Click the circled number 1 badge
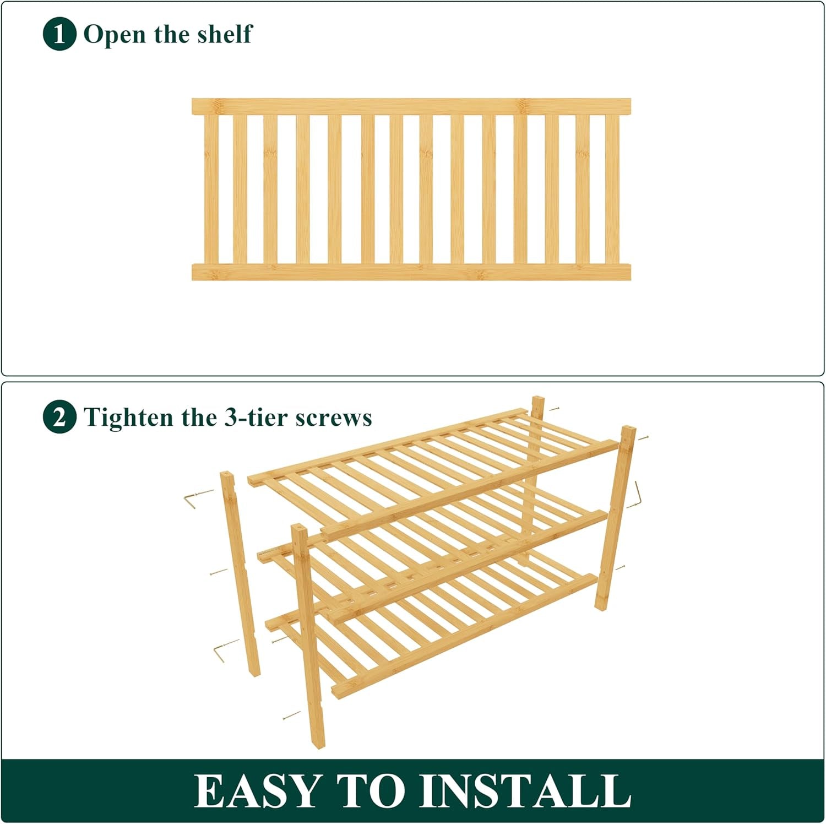[x=59, y=34]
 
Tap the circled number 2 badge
[x=59, y=418]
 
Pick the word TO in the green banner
[x=369, y=791]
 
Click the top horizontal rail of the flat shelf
[x=411, y=106]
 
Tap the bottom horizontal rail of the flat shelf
[x=411, y=272]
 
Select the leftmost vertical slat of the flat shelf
[x=211, y=189]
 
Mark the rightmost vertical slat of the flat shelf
[x=612, y=189]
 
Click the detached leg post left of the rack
[x=240, y=573]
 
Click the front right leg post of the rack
[x=615, y=518]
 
